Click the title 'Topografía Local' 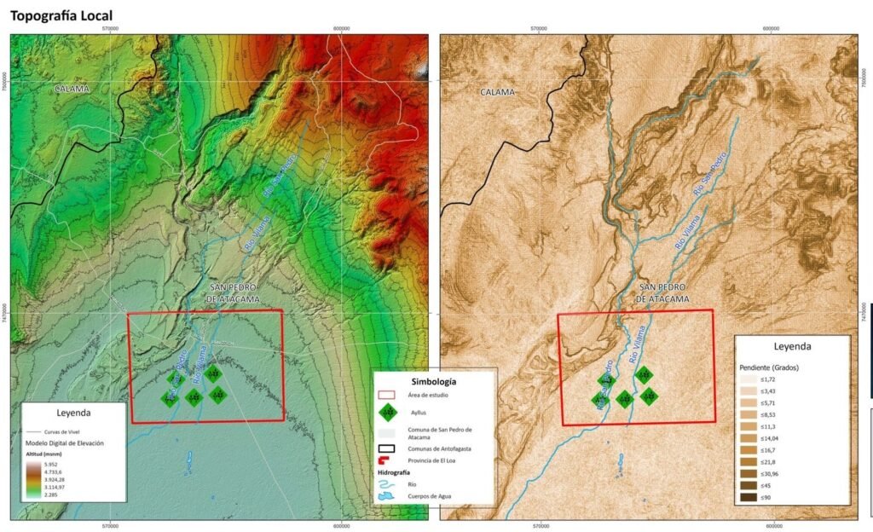click(x=61, y=15)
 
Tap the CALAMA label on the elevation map click(x=72, y=89)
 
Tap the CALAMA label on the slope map click(x=497, y=92)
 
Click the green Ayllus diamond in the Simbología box click(x=388, y=412)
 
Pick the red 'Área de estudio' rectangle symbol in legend click(x=388, y=396)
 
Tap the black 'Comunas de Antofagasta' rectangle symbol click(x=388, y=448)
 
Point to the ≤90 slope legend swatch click(x=749, y=497)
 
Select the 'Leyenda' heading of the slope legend click(x=792, y=347)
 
